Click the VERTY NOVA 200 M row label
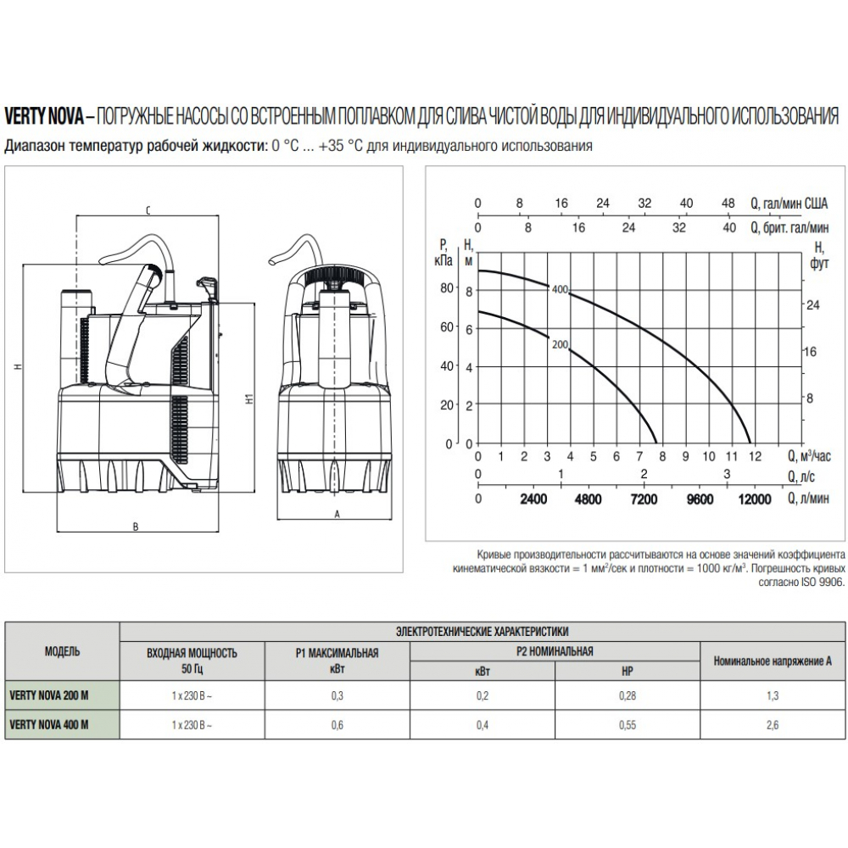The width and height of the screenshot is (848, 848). click(x=48, y=695)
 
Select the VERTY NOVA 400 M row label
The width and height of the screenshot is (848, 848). click(x=48, y=725)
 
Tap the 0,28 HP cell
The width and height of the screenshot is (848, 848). click(x=628, y=695)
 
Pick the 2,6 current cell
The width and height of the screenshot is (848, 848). click(x=773, y=725)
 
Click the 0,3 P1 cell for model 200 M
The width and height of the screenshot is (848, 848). click(x=337, y=695)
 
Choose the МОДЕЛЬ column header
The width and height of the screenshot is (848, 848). click(x=62, y=651)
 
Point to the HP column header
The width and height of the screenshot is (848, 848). click(x=628, y=671)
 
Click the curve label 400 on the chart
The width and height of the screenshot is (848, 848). click(x=560, y=289)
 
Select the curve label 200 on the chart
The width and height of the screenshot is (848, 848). click(x=560, y=344)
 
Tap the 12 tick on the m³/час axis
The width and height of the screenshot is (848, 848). click(x=755, y=456)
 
